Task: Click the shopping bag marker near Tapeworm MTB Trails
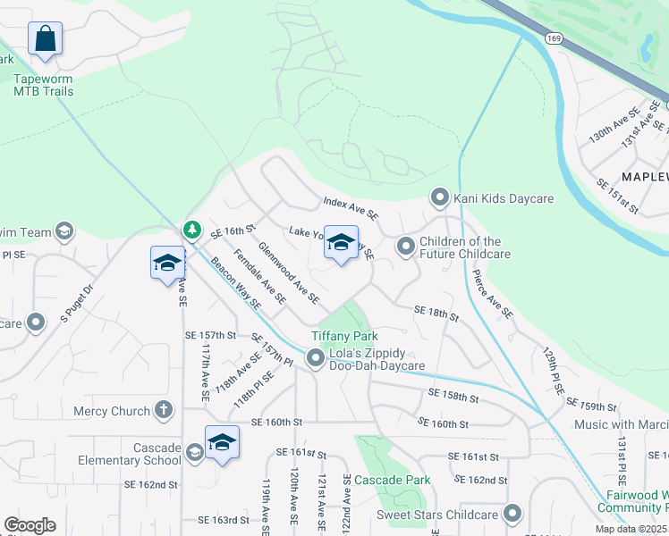[46, 40]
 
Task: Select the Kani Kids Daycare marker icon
[439, 197]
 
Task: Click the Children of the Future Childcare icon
[405, 244]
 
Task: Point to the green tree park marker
[191, 230]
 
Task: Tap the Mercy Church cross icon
[163, 411]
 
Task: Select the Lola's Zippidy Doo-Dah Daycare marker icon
[315, 358]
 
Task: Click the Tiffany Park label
[344, 336]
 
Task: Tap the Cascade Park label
[393, 480]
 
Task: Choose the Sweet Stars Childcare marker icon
[512, 513]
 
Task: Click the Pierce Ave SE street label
[493, 295]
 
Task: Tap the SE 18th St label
[436, 313]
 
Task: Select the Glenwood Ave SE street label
[289, 272]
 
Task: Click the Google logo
[30, 525]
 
